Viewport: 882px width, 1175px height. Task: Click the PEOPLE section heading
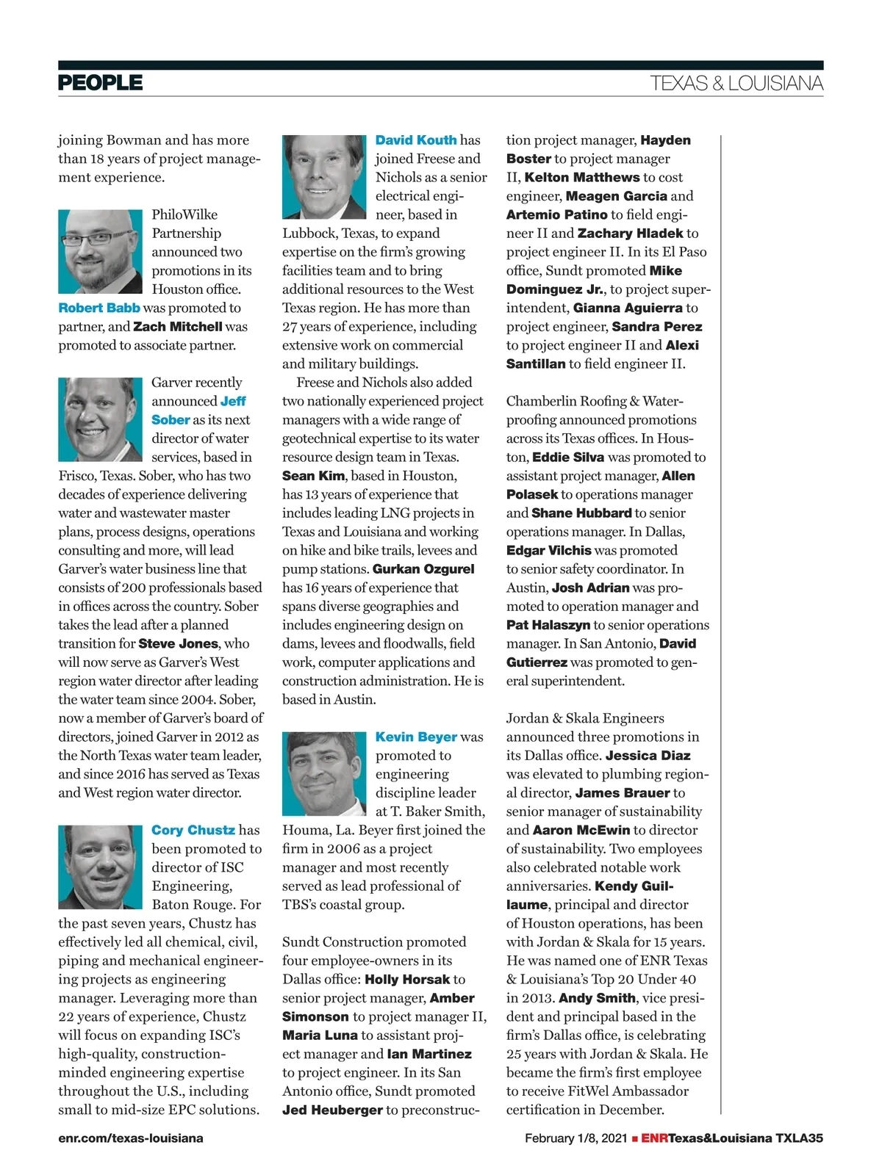[100, 82]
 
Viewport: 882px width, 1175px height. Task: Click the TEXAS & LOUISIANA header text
[736, 84]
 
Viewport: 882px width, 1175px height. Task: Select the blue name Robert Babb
[99, 308]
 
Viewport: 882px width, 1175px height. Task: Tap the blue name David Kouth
[416, 140]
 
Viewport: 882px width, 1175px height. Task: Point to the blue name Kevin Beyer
[416, 737]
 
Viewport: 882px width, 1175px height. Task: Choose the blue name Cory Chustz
[193, 830]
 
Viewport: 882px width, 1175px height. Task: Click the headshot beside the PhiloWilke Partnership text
[100, 252]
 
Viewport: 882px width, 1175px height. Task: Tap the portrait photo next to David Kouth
[324, 177]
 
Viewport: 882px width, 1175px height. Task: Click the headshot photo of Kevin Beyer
[324, 773]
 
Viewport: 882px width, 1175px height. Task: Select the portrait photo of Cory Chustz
[100, 867]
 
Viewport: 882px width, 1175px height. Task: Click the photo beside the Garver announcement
[100, 419]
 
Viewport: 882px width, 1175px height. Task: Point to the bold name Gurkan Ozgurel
[423, 569]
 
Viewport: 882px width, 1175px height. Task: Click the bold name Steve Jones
[179, 643]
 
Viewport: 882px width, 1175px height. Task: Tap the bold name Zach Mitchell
[178, 327]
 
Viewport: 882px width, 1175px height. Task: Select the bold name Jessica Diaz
[648, 756]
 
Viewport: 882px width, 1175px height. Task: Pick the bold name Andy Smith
[597, 998]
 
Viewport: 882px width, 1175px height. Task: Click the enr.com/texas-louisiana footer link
[131, 1138]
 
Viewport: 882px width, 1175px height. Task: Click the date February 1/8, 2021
[576, 1138]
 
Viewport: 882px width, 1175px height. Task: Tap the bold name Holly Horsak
[407, 980]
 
